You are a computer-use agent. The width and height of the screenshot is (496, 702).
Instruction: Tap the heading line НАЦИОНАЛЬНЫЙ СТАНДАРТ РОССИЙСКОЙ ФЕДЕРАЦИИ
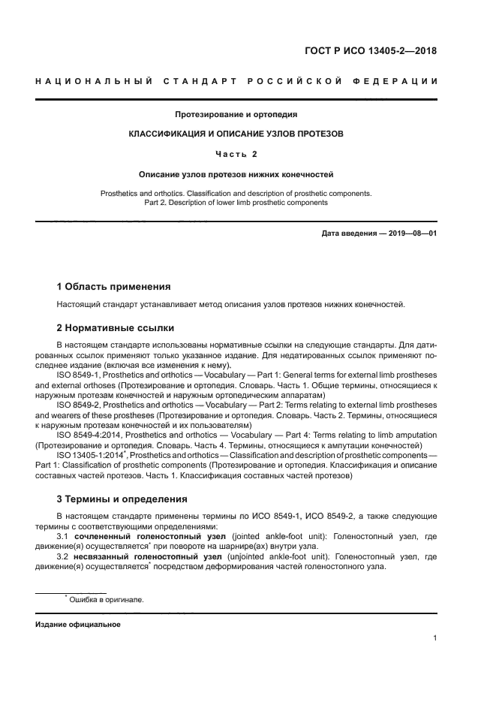tap(236, 81)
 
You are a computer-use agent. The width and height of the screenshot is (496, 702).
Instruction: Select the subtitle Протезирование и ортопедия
tap(236, 115)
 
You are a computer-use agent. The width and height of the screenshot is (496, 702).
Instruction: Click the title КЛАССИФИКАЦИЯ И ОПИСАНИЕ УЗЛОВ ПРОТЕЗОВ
tap(236, 134)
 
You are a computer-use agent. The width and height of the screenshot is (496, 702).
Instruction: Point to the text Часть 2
tap(236, 154)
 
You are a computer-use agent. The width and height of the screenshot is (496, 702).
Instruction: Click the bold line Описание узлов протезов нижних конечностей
tap(236, 174)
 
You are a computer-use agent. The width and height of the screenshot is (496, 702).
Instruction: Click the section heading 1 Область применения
tap(113, 286)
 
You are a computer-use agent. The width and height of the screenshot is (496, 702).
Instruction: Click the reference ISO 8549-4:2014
tap(89, 434)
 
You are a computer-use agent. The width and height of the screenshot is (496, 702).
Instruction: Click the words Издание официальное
tap(77, 625)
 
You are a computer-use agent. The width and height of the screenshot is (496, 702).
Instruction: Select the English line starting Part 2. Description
tap(236, 203)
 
